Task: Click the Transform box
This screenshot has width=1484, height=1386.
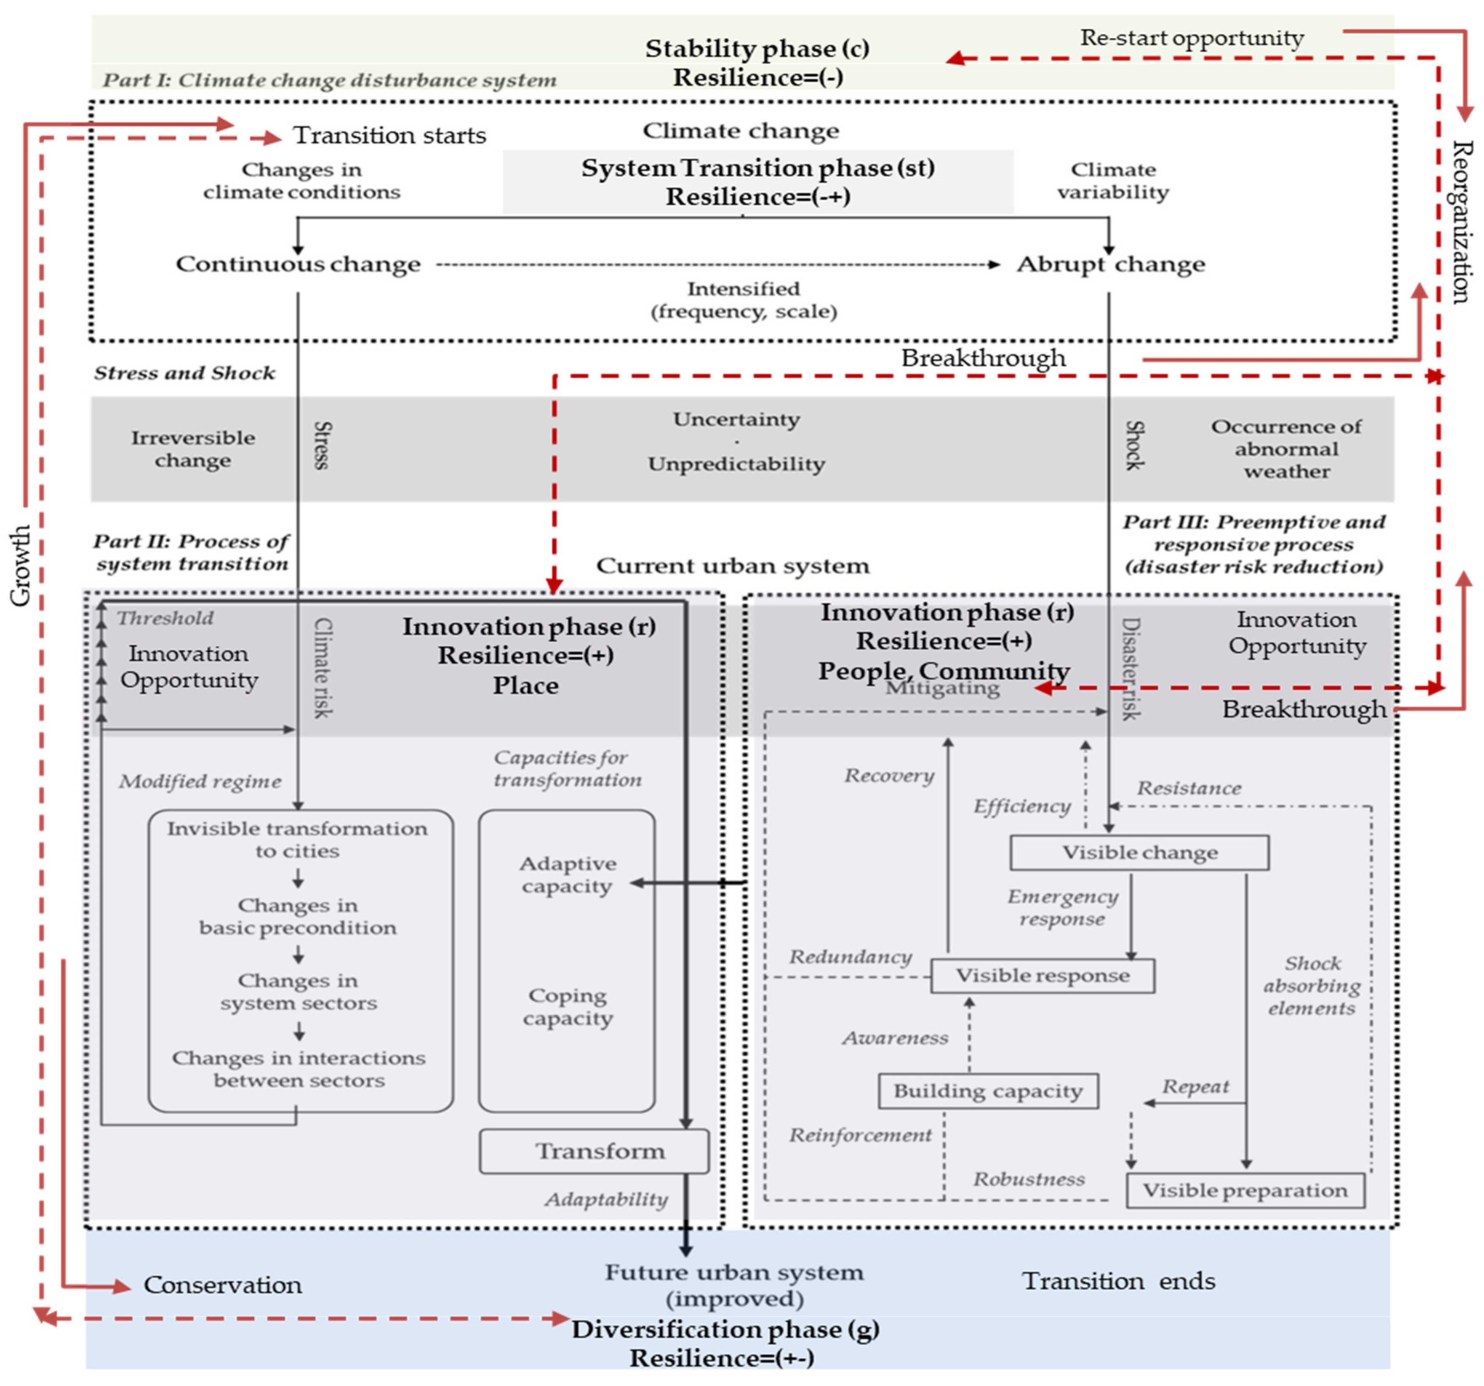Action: (594, 1151)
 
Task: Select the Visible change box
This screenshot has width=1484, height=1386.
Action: (1139, 852)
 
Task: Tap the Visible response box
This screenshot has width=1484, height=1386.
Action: (1043, 976)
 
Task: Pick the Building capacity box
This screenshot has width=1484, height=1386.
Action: (988, 1091)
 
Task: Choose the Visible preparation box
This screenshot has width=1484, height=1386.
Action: (1245, 1191)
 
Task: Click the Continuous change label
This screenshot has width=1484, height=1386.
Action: (298, 264)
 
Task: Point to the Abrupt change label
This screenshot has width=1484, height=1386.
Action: (1111, 264)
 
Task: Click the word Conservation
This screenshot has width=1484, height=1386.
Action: (223, 1285)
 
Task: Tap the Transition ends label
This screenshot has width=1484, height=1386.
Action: (1118, 1281)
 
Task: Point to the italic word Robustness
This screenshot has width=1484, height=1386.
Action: (1029, 1179)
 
